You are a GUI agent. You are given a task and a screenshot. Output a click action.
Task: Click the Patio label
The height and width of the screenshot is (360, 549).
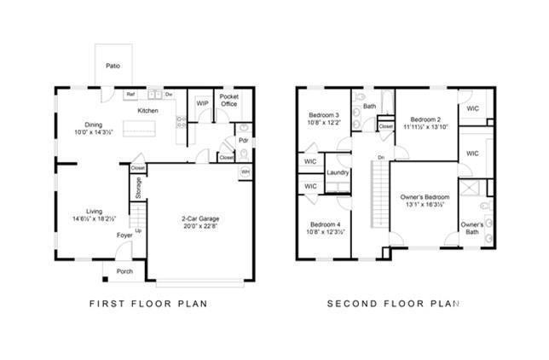(x=113, y=65)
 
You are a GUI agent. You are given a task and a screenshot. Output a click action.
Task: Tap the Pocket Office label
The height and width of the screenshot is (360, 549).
(x=228, y=101)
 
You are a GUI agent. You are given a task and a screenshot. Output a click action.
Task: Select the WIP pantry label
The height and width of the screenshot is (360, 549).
(x=202, y=103)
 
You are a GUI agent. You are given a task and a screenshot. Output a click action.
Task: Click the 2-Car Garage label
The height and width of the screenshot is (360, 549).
(x=201, y=221)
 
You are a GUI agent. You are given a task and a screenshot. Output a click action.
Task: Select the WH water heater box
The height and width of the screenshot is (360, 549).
(x=245, y=172)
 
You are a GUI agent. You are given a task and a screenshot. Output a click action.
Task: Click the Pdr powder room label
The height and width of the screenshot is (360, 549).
(x=243, y=140)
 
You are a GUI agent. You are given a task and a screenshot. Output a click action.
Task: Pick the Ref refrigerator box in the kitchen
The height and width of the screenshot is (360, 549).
(x=131, y=94)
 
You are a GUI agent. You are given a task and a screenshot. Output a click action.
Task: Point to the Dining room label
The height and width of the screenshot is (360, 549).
(x=93, y=124)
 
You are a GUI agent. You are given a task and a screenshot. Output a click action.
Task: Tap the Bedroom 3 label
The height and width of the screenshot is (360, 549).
(x=325, y=114)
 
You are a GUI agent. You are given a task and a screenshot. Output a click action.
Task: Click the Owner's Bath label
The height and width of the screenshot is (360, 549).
(x=472, y=229)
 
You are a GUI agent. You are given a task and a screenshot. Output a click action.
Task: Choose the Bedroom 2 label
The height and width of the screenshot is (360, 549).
(x=424, y=119)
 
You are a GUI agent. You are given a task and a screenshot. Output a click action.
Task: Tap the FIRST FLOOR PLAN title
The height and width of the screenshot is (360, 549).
(x=148, y=304)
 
